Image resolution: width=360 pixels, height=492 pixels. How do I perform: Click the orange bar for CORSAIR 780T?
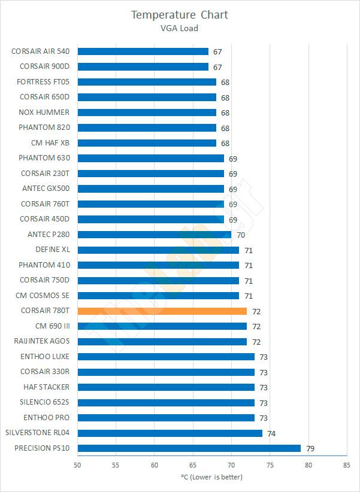[162, 311]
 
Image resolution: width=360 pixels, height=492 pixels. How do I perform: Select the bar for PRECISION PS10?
[189, 448]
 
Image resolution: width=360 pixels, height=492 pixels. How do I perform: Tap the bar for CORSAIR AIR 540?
[143, 51]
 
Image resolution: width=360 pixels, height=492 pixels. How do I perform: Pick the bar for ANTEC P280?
[154, 235]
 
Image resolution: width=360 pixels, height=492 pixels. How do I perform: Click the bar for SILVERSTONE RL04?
[170, 433]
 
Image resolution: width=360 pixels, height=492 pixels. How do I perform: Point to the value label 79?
[310, 448]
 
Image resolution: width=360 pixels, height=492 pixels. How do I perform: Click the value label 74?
[271, 433]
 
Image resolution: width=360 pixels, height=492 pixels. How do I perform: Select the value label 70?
[241, 235]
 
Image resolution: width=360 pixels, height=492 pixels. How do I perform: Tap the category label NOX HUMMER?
[44, 112]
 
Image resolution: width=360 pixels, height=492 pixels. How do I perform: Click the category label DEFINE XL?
[53, 250]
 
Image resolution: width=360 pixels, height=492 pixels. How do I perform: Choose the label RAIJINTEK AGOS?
[42, 341]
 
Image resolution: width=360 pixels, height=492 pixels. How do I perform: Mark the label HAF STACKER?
[46, 387]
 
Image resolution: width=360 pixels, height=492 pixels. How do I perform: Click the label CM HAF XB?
[50, 143]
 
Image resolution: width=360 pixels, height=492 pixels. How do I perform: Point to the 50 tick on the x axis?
[78, 464]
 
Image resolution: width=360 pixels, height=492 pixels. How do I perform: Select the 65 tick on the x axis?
[193, 464]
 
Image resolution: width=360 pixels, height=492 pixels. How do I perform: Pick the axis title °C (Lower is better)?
[211, 477]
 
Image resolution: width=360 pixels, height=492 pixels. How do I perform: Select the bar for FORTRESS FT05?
[147, 82]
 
